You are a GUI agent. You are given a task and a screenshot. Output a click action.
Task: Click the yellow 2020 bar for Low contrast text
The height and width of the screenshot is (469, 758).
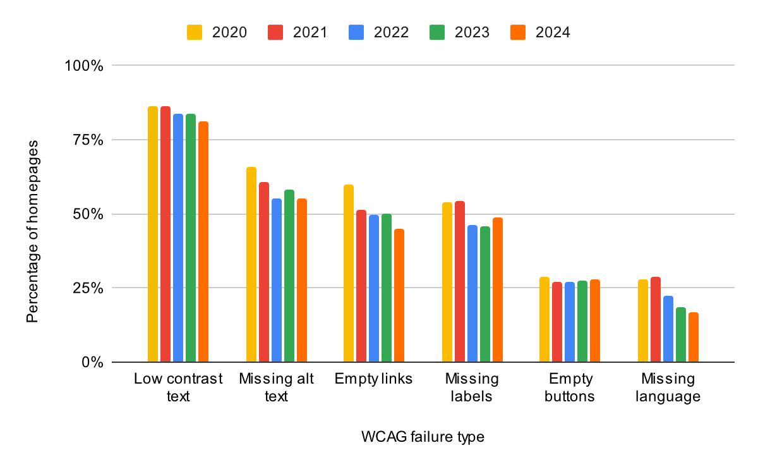click(x=153, y=234)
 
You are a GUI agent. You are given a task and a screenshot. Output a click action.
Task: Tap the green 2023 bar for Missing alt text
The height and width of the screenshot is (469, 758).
click(x=289, y=276)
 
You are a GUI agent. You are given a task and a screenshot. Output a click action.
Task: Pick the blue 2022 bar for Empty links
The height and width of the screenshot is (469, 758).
click(x=374, y=288)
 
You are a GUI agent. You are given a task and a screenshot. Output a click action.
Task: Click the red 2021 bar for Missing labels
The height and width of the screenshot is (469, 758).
click(x=460, y=281)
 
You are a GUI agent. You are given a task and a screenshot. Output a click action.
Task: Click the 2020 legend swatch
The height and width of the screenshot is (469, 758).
click(x=194, y=32)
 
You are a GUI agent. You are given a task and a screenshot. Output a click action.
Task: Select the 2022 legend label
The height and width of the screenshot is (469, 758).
click(x=390, y=32)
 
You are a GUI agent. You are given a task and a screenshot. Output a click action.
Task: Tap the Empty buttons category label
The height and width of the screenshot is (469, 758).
click(x=571, y=387)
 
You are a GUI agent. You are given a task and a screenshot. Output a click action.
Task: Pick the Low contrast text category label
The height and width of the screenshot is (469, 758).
click(x=178, y=387)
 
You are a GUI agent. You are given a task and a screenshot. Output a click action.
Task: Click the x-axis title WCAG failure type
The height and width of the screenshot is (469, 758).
click(x=423, y=437)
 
